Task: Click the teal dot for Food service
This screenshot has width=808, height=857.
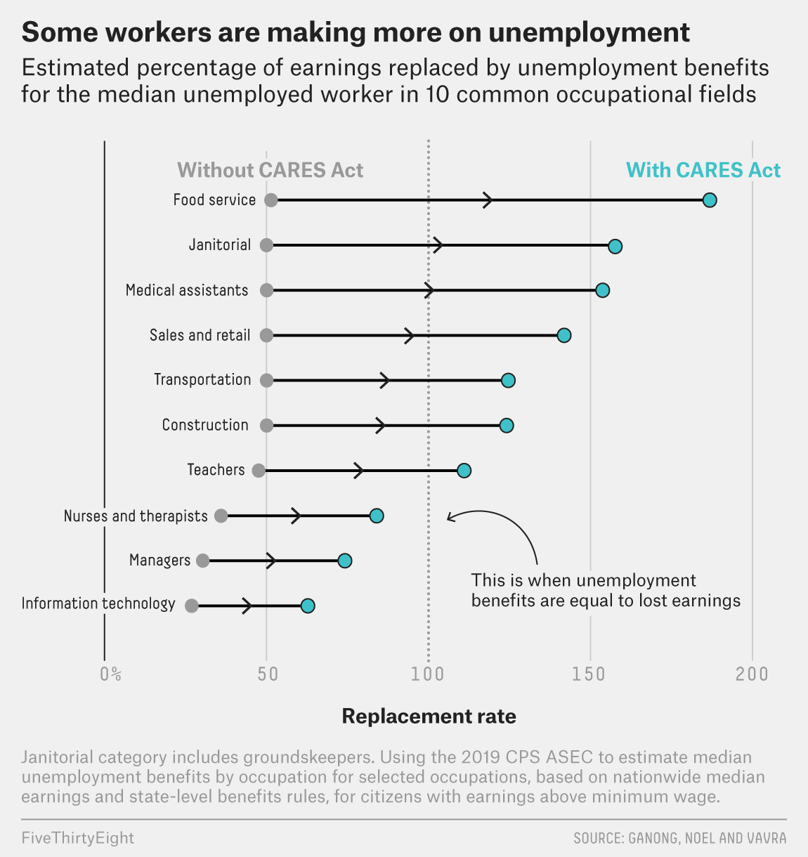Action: click(x=710, y=200)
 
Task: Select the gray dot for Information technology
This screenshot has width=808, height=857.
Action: click(x=191, y=606)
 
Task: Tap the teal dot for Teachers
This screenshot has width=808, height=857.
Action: click(x=464, y=471)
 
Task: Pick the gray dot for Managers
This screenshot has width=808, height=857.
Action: click(x=202, y=561)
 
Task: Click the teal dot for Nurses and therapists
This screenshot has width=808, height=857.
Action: click(x=377, y=516)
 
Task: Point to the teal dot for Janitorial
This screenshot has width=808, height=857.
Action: click(x=615, y=246)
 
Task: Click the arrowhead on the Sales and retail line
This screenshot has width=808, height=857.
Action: click(x=410, y=336)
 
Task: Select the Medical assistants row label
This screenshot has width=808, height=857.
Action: click(x=187, y=290)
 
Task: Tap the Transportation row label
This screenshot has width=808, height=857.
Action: click(x=202, y=380)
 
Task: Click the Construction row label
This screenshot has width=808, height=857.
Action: click(x=205, y=425)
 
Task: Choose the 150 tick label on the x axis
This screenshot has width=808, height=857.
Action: click(x=589, y=674)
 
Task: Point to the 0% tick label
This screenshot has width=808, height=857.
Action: click(x=111, y=674)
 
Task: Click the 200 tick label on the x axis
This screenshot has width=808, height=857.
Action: click(x=752, y=674)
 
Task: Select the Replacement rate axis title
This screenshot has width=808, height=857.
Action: click(x=429, y=717)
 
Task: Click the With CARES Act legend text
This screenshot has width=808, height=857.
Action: click(x=703, y=170)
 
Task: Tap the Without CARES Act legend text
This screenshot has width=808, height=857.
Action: click(x=271, y=170)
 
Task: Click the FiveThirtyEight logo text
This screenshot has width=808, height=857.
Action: click(x=77, y=838)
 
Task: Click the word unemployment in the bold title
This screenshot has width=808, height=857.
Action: click(x=589, y=32)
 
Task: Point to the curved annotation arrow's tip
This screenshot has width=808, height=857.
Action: click(x=448, y=518)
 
